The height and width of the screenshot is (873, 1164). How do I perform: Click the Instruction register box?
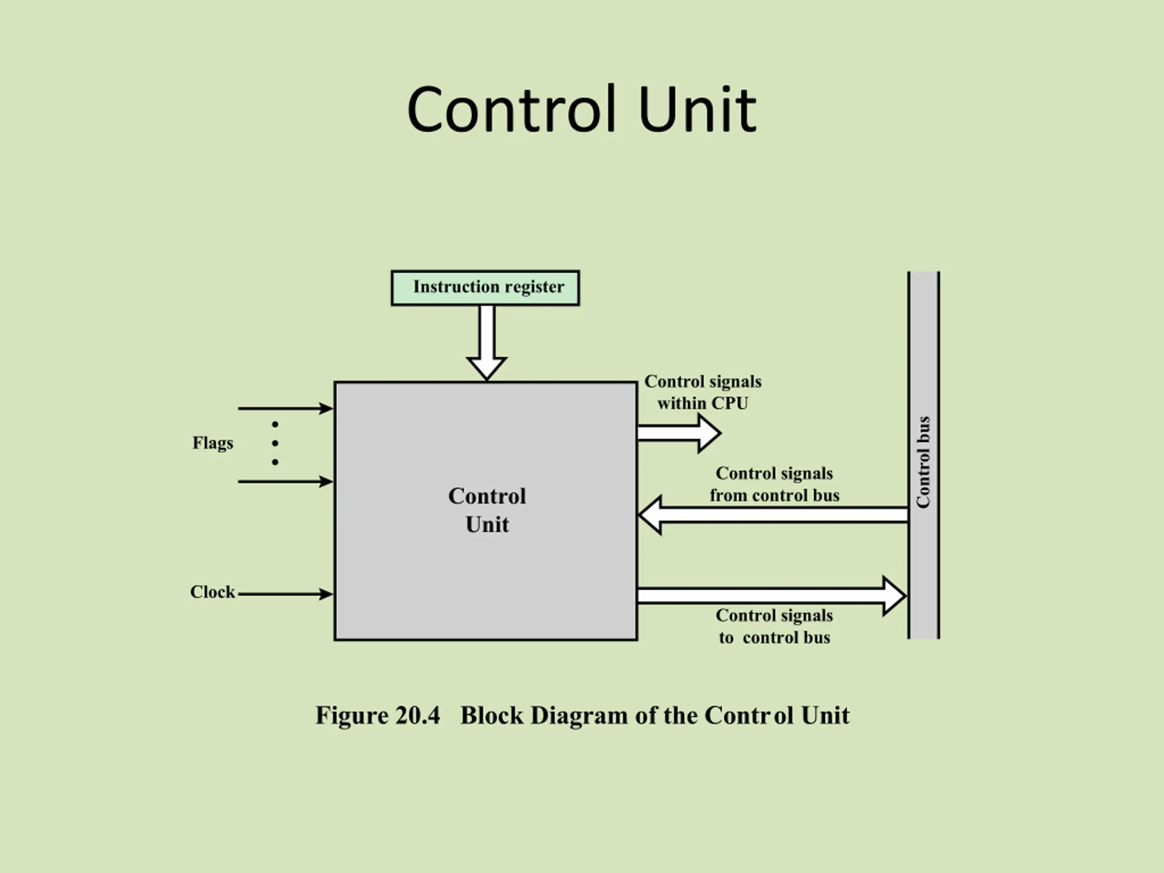click(485, 288)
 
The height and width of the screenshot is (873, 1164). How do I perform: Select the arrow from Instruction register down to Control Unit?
click(487, 342)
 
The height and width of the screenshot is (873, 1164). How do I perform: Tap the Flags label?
click(213, 443)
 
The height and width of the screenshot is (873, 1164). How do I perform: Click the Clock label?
click(212, 592)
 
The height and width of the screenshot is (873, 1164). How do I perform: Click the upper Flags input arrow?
click(285, 408)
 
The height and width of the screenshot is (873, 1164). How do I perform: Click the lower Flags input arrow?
click(285, 481)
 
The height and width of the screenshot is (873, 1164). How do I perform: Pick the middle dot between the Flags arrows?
click(275, 443)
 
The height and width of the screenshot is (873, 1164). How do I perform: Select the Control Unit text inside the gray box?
click(487, 510)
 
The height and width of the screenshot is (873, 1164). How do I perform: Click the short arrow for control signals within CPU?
click(679, 433)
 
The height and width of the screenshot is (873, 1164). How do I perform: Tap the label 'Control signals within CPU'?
click(703, 392)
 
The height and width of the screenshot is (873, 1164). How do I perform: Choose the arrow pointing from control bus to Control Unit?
click(773, 515)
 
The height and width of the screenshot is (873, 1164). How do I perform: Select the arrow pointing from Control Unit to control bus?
click(772, 596)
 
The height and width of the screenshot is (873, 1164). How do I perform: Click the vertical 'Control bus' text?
click(923, 462)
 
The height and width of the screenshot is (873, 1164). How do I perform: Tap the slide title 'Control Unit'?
click(582, 110)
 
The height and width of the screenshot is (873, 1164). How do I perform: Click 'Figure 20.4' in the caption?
click(377, 715)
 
